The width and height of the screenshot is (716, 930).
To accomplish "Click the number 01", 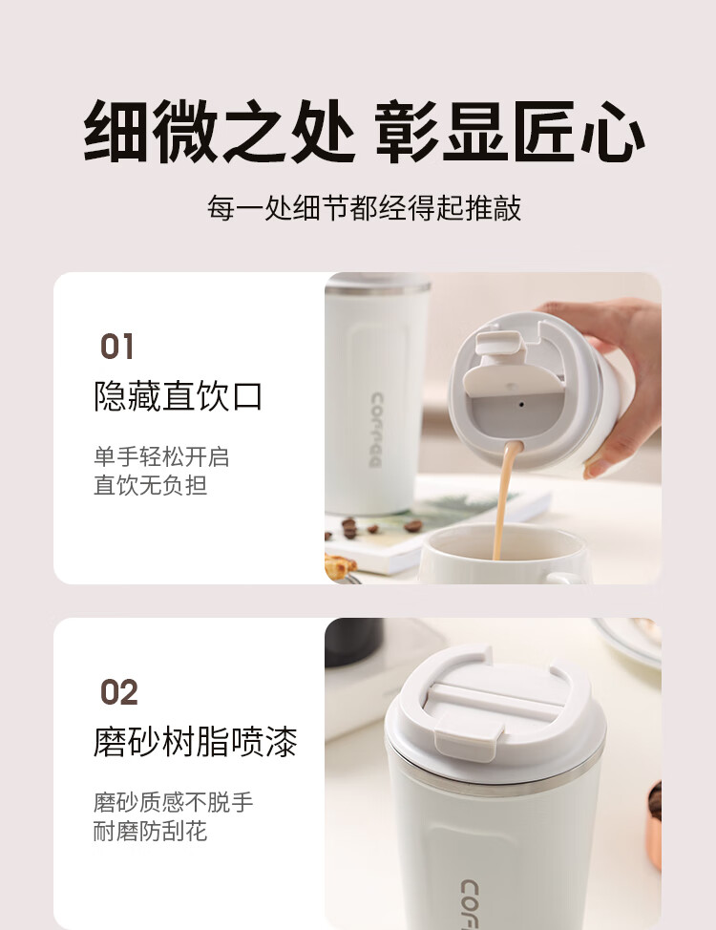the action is pyautogui.click(x=116, y=347).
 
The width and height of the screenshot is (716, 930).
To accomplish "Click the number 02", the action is pyautogui.click(x=118, y=692).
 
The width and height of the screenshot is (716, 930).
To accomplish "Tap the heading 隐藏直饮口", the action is pyautogui.click(x=178, y=395).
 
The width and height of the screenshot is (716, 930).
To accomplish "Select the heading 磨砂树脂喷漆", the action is pyautogui.click(x=195, y=741).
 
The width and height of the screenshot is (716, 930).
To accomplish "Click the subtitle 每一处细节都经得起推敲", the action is pyautogui.click(x=364, y=207).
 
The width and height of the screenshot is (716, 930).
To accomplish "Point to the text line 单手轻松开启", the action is pyautogui.click(x=161, y=456).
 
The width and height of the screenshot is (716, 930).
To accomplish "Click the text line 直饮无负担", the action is pyautogui.click(x=150, y=485).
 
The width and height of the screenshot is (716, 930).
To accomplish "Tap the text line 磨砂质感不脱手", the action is pyautogui.click(x=173, y=802).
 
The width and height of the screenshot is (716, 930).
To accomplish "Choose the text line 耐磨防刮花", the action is pyautogui.click(x=150, y=831).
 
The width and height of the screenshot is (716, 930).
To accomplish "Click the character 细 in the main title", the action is pyautogui.click(x=116, y=131).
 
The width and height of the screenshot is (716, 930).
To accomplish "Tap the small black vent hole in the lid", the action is pyautogui.click(x=521, y=405).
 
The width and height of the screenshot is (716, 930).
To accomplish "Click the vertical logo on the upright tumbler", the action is pyautogui.click(x=376, y=430).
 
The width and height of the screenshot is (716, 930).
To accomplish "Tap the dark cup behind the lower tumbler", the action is pyautogui.click(x=353, y=642).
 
